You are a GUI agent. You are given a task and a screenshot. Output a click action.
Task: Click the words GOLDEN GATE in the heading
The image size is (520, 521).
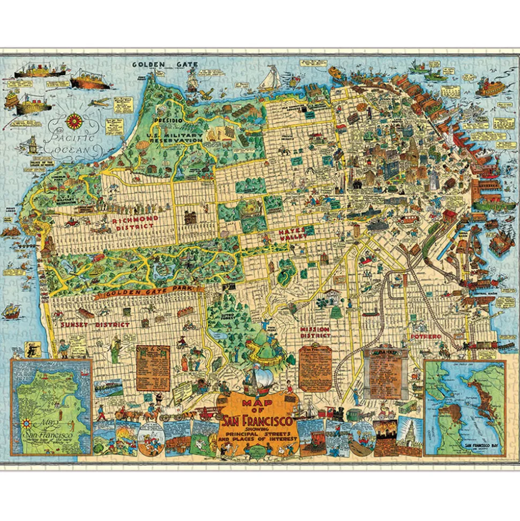tap(166, 64)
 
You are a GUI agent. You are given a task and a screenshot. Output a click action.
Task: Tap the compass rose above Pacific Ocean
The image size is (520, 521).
tap(73, 120)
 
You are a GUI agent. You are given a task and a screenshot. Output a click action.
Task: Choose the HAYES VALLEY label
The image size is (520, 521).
tap(293, 234)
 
